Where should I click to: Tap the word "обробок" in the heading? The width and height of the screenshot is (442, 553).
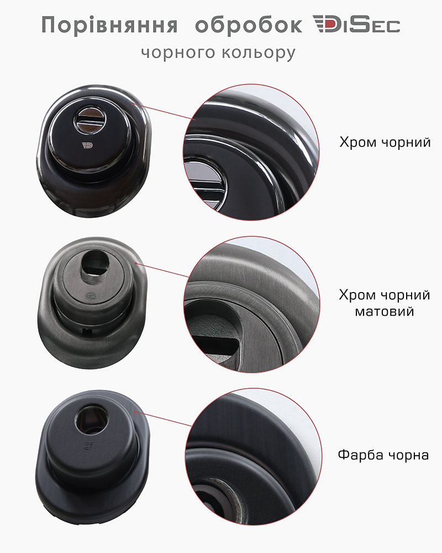pyautogui.click(x=249, y=25)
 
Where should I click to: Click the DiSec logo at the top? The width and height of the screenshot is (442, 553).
pyautogui.click(x=356, y=24)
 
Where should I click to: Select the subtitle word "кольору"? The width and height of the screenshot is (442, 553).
pyautogui.click(x=258, y=53)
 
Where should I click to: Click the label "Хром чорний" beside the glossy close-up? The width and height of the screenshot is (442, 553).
pyautogui.click(x=385, y=142)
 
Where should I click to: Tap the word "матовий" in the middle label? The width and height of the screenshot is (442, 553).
pyautogui.click(x=384, y=311)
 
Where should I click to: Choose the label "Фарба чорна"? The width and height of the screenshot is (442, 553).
pyautogui.click(x=383, y=455)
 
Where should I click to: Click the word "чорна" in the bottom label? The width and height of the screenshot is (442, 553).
pyautogui.click(x=408, y=456)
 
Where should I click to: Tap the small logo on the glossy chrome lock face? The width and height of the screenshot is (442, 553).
pyautogui.click(x=87, y=144)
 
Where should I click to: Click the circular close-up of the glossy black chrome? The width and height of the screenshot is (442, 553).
pyautogui.click(x=251, y=153)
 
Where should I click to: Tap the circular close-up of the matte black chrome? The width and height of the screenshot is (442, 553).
pyautogui.click(x=252, y=304)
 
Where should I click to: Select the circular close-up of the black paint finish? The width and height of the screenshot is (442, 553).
pyautogui.click(x=254, y=456)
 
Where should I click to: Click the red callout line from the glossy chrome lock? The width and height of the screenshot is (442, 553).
pyautogui.click(x=164, y=112)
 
